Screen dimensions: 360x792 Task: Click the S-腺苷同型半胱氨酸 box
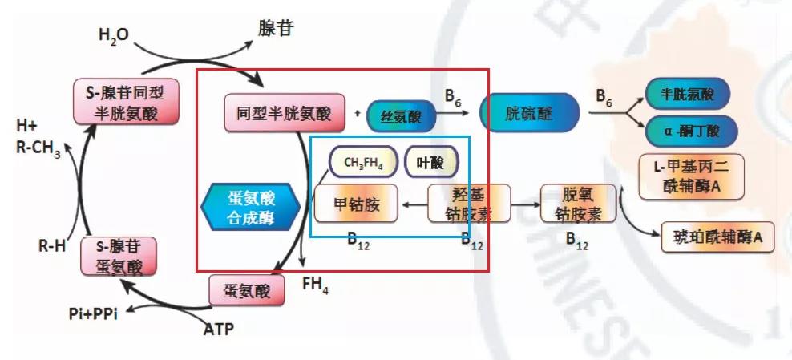126,103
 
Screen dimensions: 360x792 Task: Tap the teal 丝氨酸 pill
402,117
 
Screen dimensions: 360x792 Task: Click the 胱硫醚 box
528,113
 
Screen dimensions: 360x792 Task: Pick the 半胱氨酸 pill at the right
688,95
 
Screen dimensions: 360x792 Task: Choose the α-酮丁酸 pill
688,130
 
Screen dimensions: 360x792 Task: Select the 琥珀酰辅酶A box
717,237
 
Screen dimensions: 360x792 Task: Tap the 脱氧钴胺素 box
578,204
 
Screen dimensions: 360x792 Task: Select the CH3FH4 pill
364,163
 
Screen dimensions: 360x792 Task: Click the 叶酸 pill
430,163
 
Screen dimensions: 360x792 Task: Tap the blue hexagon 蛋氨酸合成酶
251,207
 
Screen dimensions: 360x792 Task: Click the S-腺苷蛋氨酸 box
119,256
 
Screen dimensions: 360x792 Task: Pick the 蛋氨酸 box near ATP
247,290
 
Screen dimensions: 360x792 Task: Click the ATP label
219,328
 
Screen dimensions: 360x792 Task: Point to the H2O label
113,35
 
